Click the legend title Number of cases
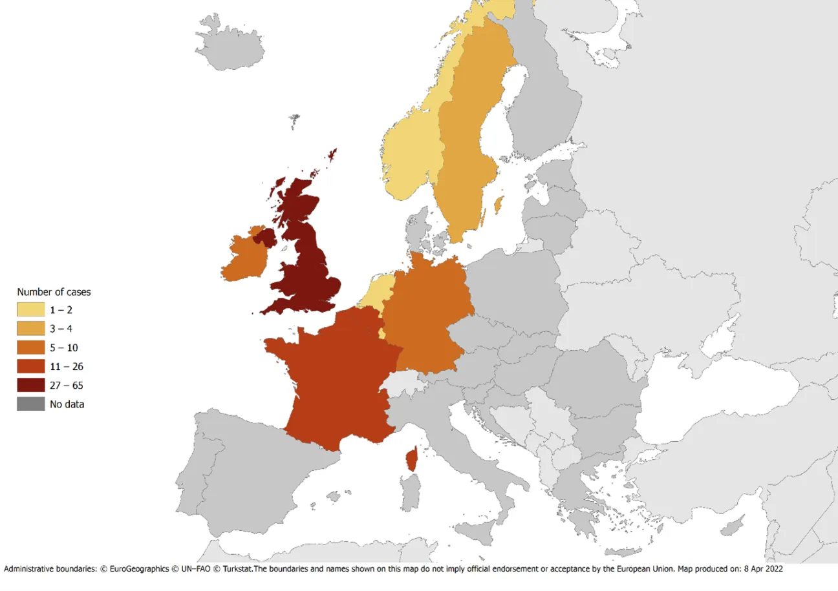pyautogui.click(x=54, y=292)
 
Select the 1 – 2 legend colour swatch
pyautogui.click(x=30, y=310)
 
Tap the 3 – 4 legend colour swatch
pyautogui.click(x=30, y=329)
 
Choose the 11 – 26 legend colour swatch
pyautogui.click(x=30, y=366)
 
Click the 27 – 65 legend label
pyautogui.click(x=67, y=385)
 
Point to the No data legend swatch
pyautogui.click(x=30, y=404)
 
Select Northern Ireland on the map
pyautogui.click(x=265, y=237)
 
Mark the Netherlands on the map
pyautogui.click(x=378, y=290)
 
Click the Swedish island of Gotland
pyautogui.click(x=499, y=206)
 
